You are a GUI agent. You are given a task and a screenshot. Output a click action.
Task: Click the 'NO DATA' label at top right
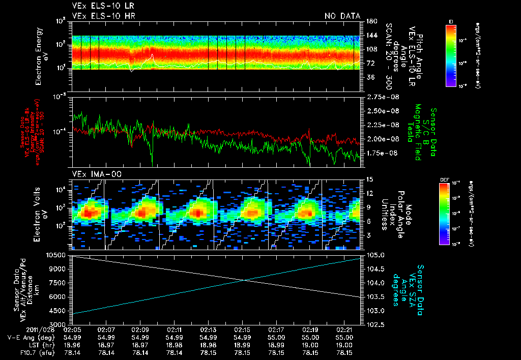pyautogui.click(x=342, y=16)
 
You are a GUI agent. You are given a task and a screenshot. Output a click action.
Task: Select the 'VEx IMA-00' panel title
pyautogui.click(x=93, y=174)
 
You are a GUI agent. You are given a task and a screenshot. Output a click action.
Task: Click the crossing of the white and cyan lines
pyautogui.click(x=246, y=280)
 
